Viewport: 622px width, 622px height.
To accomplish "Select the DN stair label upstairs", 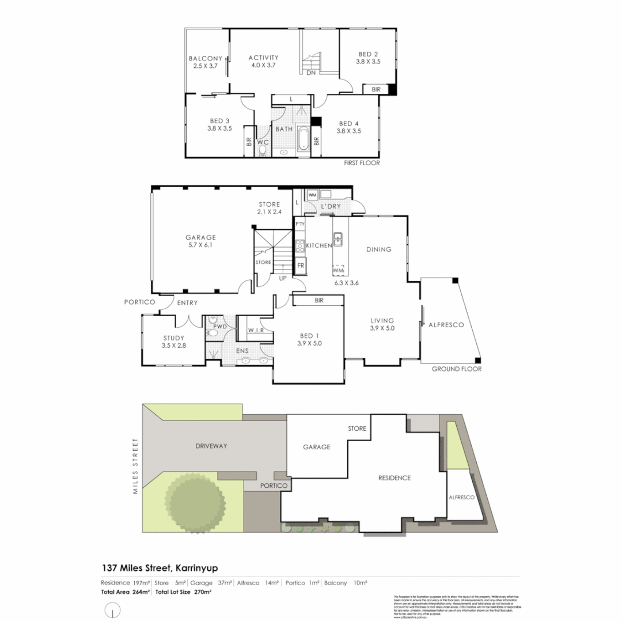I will tap(310, 73).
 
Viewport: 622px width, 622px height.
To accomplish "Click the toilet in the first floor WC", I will tap(263, 151).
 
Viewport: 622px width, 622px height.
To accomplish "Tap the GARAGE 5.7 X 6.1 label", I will tap(200, 241).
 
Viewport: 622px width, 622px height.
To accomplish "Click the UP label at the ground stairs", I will tap(283, 278).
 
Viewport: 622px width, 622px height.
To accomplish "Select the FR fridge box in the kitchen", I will tap(301, 266).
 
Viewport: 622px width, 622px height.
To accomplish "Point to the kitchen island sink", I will tap(338, 236).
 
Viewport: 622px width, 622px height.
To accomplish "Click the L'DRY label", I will tap(331, 206).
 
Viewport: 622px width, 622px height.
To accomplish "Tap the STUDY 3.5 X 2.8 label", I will tap(173, 342).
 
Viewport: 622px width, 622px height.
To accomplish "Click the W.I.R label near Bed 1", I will tap(256, 330).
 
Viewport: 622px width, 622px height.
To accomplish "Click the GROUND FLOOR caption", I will tap(456, 369).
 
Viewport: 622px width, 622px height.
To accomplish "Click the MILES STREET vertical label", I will tap(136, 466).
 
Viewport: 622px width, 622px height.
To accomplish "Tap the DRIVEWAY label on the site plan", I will tap(211, 446).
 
